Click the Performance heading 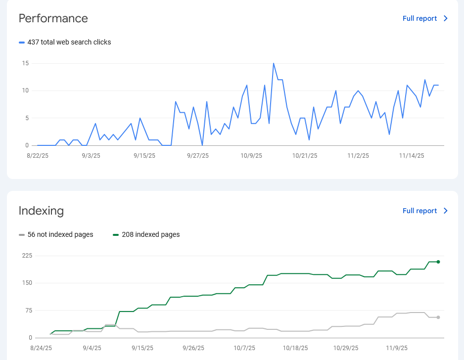(53, 18)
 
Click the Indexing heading (41, 211)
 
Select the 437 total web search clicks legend (69, 42)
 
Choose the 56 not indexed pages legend (60, 234)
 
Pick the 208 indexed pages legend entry (150, 234)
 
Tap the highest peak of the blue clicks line (274, 63)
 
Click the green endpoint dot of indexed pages (438, 262)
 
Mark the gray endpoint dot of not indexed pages (438, 317)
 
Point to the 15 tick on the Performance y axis (25, 63)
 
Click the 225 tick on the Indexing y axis (27, 256)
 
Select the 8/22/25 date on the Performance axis (37, 155)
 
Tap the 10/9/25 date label (251, 155)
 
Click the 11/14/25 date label (412, 155)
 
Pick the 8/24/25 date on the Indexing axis (41, 348)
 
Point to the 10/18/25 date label (295, 348)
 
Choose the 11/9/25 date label (397, 348)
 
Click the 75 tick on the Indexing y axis (28, 311)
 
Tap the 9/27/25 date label (198, 155)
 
